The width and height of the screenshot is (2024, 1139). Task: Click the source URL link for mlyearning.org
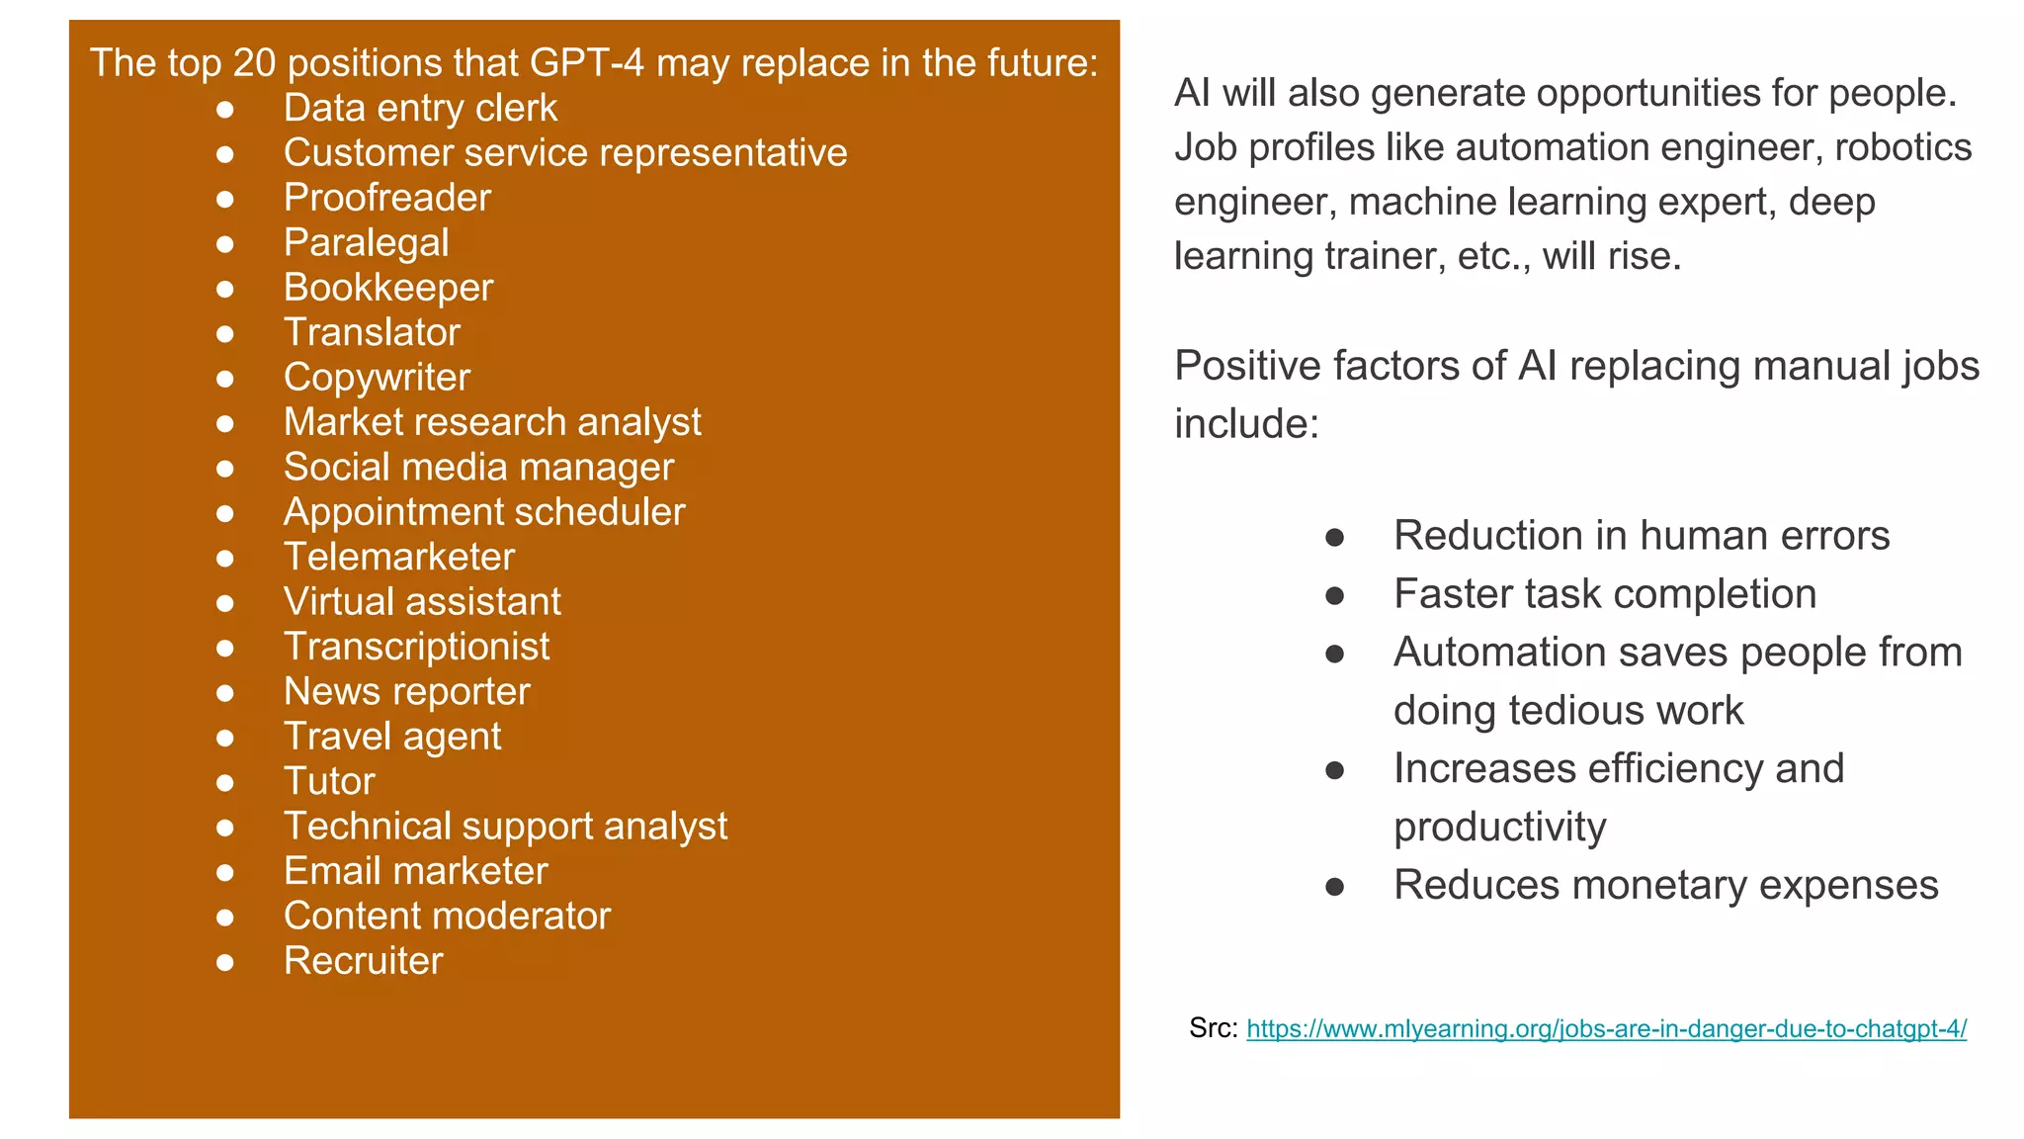tap(1606, 1029)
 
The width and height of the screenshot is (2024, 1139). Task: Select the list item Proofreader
tap(386, 198)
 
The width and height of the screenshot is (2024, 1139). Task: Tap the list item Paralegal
tap(366, 243)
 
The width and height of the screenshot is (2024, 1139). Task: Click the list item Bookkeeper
tap(387, 288)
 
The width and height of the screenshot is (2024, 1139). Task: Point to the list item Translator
tap(372, 332)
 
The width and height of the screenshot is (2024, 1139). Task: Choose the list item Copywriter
tap(377, 378)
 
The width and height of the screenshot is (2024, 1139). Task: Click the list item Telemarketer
tap(399, 557)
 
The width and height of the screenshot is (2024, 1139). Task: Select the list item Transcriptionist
tap(416, 647)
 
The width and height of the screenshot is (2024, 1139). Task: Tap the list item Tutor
tap(329, 781)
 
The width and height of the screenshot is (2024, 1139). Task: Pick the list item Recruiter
tap(363, 961)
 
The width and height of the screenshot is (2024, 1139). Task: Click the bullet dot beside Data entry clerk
tap(225, 109)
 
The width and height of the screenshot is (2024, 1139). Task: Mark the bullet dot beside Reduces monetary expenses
tap(1334, 886)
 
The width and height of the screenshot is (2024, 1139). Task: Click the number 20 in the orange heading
tap(254, 63)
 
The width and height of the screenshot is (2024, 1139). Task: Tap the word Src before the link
tap(1213, 1028)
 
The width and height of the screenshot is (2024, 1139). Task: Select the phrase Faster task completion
tap(1604, 594)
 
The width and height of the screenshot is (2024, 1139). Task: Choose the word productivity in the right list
tap(1499, 827)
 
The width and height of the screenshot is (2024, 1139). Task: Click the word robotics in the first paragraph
tap(1902, 147)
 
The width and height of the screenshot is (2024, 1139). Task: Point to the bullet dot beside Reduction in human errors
tap(1334, 537)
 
